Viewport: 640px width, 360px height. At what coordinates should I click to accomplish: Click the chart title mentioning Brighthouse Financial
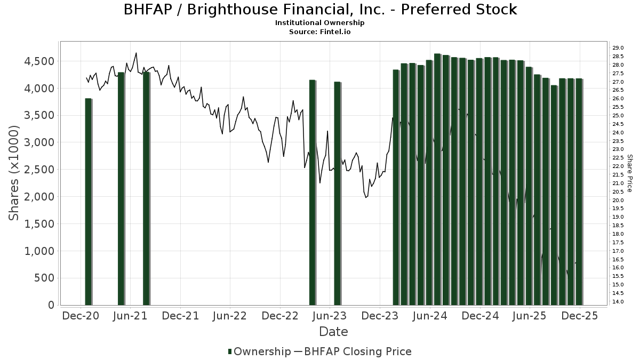(320, 10)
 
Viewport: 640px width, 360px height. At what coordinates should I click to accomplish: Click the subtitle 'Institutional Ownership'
(320, 23)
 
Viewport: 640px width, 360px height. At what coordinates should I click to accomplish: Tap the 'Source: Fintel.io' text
(320, 31)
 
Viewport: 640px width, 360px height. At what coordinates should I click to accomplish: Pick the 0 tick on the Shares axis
(51, 305)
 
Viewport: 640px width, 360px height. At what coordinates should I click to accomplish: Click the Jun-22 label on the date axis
(229, 316)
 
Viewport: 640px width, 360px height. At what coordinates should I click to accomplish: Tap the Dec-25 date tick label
(579, 316)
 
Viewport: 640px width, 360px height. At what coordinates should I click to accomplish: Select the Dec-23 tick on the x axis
(379, 316)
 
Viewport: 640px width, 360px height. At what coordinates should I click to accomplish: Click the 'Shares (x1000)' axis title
(14, 173)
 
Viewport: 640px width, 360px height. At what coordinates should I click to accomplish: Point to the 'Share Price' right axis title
(630, 173)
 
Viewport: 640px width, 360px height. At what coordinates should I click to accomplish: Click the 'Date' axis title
(333, 332)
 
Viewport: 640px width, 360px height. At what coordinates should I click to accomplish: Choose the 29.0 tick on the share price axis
(619, 48)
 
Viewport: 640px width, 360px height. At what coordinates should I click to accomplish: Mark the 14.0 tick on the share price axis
(619, 302)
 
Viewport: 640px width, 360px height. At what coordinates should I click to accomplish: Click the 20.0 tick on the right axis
(619, 200)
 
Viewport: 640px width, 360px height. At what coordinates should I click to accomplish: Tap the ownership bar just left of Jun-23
(337, 193)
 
